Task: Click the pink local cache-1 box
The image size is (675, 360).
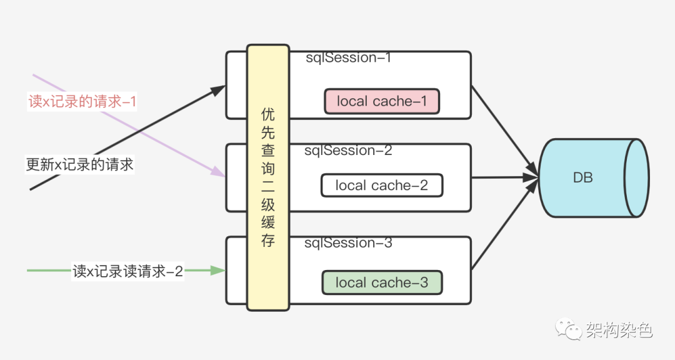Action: tap(382, 101)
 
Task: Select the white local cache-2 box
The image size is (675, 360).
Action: tap(381, 186)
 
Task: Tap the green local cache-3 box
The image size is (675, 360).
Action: tap(381, 282)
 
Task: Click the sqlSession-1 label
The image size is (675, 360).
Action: tap(348, 58)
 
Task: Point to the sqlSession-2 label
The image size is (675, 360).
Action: tap(348, 151)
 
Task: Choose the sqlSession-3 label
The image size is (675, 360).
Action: tap(348, 243)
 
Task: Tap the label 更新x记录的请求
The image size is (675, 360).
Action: tap(79, 165)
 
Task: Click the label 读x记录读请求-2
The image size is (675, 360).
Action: tap(127, 271)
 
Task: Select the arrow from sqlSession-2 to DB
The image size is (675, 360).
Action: tap(503, 178)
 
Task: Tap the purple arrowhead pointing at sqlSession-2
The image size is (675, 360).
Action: tap(218, 173)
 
